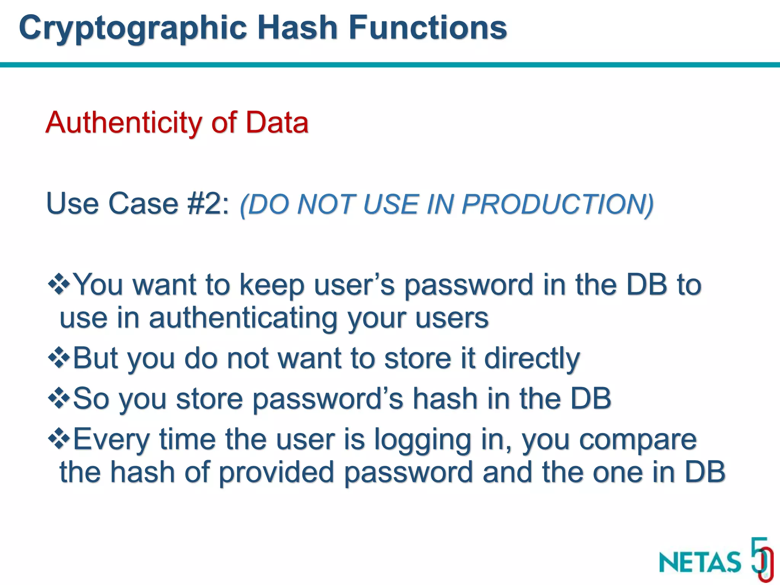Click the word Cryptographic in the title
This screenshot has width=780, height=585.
click(133, 29)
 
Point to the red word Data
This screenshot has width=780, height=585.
click(277, 123)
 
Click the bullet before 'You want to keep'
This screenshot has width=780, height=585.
click(59, 284)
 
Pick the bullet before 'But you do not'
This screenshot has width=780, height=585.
click(59, 358)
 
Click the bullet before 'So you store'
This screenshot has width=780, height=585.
click(59, 398)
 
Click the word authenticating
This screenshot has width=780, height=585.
click(243, 318)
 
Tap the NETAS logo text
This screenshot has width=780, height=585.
click(700, 562)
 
